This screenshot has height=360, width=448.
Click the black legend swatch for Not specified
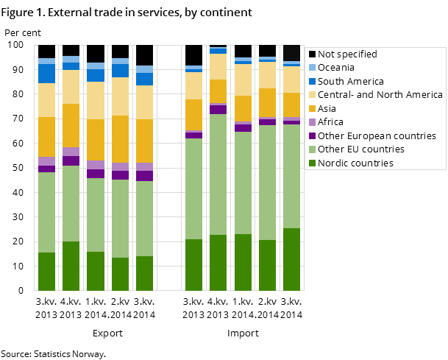(313, 54)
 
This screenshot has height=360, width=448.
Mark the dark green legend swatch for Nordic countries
(313, 163)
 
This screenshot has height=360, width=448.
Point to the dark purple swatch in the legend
(313, 136)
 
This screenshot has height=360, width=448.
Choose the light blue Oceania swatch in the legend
(313, 68)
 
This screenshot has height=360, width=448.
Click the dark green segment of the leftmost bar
(46, 272)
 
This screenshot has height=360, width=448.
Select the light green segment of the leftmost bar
(46, 212)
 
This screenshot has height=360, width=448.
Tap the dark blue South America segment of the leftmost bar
(46, 74)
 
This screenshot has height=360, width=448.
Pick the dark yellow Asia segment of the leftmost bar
(46, 137)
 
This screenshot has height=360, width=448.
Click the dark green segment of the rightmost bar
(292, 259)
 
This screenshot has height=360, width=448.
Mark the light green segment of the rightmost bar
(292, 177)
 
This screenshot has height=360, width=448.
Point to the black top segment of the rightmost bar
(292, 53)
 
